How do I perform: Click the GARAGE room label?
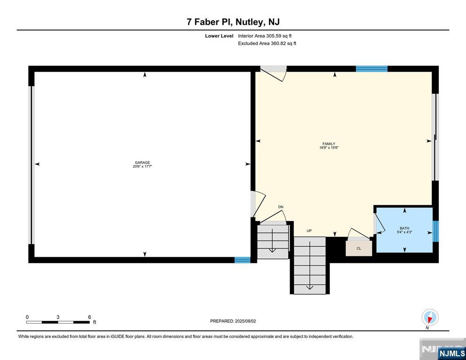tap(143, 162)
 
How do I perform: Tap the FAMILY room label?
tap(329, 144)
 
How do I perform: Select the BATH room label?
tap(405, 228)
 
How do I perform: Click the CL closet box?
tap(359, 248)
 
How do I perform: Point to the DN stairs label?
tap(281, 207)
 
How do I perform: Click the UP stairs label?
tap(309, 231)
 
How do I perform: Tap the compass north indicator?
tap(429, 318)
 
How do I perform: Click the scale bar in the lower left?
tap(58, 322)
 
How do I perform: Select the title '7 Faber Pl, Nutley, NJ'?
tap(233, 22)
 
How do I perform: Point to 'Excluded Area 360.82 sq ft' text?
tap(267, 44)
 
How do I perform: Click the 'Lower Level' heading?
tap(219, 36)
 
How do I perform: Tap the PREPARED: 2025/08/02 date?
tap(233, 321)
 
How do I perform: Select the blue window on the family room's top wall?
tap(371, 69)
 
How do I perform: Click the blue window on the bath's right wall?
tap(436, 231)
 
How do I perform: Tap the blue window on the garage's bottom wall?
tap(242, 260)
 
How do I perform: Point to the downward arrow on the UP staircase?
tap(309, 286)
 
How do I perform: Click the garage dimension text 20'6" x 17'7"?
tap(143, 166)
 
